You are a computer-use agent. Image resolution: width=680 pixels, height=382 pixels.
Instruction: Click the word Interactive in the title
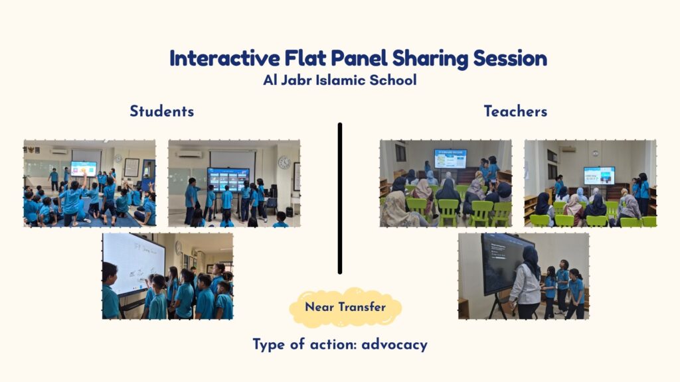pos(224,58)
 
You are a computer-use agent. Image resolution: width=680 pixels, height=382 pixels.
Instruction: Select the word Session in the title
pos(510,59)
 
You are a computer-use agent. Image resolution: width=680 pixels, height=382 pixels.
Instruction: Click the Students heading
pos(162,111)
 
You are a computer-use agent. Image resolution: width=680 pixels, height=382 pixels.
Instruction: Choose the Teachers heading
pos(515,111)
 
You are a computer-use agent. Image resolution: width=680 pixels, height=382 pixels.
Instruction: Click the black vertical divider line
pos(340,198)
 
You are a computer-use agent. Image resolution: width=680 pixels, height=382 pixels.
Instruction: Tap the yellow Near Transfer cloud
pos(345,307)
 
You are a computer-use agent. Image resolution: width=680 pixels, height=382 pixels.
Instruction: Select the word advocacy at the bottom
pos(394,345)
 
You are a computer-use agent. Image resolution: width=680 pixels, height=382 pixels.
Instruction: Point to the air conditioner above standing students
pos(189,154)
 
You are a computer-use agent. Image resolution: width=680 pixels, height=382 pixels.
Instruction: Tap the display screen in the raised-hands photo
pos(84,168)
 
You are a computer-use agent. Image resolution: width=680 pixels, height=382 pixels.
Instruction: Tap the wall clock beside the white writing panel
pos(178,248)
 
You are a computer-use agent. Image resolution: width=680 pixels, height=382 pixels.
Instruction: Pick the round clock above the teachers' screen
pos(596,153)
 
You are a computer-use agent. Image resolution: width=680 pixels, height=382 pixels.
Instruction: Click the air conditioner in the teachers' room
pos(568,149)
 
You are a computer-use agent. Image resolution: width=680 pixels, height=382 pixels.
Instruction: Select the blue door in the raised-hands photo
pos(148,175)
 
